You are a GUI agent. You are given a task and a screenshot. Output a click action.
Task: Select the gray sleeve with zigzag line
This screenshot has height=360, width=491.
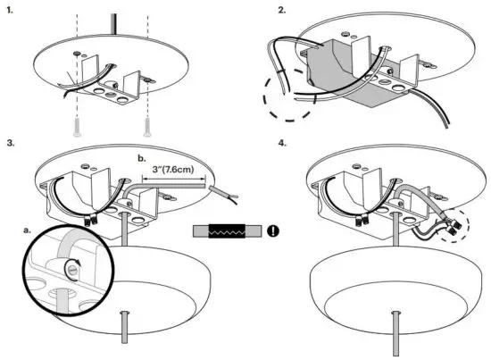[x=228, y=230]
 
